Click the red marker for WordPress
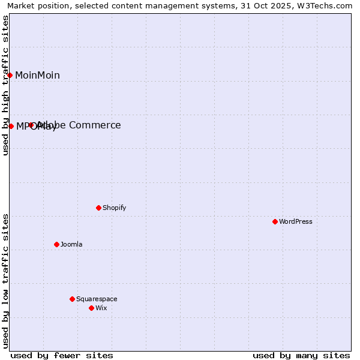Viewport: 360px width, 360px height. [275, 221]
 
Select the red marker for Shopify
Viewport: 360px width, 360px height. [98, 208]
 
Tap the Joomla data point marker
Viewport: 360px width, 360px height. [56, 244]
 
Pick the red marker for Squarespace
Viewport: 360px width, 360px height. [72, 299]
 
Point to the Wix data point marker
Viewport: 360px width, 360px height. [91, 308]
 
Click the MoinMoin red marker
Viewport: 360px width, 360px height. [10, 75]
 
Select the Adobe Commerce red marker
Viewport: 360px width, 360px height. [31, 125]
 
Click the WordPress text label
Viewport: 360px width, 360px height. [296, 222]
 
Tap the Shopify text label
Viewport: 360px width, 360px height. [115, 208]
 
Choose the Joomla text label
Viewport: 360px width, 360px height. [71, 245]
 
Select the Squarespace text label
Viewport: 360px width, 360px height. [97, 299]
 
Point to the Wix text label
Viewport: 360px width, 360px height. [101, 308]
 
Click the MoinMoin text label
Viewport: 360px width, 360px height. [37, 76]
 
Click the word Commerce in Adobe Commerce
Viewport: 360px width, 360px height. [95, 125]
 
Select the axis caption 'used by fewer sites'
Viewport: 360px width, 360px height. [62, 355]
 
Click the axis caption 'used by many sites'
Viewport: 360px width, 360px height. [301, 355]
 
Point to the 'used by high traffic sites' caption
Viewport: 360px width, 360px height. [6, 85]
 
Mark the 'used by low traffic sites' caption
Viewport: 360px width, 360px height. [6, 281]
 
